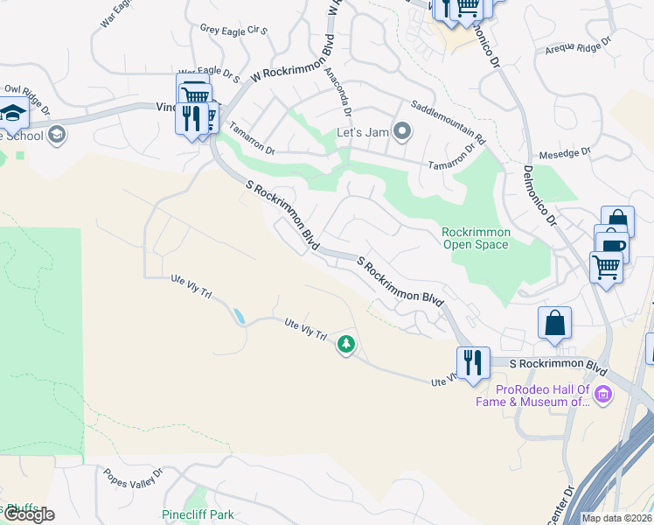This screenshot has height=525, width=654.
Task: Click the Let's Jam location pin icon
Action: [402, 133]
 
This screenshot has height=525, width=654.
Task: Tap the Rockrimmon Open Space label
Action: [475, 238]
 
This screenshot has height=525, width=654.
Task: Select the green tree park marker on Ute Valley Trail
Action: [347, 345]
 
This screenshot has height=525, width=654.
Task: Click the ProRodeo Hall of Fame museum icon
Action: [602, 396]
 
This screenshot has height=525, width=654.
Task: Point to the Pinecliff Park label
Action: [198, 515]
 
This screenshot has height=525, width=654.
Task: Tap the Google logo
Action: [28, 514]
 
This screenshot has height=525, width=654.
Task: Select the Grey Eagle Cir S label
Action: [233, 29]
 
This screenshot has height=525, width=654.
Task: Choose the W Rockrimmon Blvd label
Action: [293, 60]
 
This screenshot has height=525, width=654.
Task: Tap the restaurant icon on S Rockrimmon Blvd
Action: [473, 363]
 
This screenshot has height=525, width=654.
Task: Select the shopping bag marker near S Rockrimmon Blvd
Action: [555, 323]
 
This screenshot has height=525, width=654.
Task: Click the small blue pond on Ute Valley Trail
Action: [238, 315]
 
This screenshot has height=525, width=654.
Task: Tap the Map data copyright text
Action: [616, 518]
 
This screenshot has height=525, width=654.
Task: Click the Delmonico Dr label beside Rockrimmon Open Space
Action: [540, 198]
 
